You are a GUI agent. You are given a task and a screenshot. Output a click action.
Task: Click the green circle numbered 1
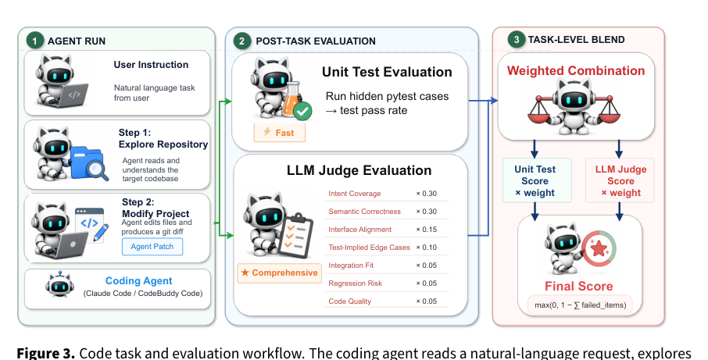[x=34, y=41]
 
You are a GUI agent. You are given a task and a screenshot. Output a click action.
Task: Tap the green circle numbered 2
[x=241, y=41]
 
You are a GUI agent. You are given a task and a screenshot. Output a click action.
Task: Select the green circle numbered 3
[x=516, y=39]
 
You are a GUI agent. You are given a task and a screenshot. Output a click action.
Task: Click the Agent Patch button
[x=152, y=246]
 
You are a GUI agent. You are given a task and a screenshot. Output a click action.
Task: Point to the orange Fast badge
[x=280, y=133]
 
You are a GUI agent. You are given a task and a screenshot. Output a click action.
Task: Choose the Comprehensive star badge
[x=280, y=273]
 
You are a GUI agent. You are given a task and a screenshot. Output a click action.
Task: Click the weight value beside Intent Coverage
[x=426, y=194]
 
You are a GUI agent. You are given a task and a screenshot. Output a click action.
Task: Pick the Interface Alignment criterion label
[x=360, y=229]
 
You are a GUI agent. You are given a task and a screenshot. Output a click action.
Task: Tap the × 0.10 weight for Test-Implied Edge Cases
[x=426, y=248]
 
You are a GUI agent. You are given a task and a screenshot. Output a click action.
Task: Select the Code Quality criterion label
[x=349, y=301]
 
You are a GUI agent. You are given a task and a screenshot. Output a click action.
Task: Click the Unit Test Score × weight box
[x=537, y=180]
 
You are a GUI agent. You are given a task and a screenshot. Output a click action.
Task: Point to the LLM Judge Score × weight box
[x=620, y=180]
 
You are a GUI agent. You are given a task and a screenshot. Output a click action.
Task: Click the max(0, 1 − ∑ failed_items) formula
[x=580, y=305]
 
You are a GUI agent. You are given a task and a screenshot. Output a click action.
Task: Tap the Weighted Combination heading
[x=576, y=71]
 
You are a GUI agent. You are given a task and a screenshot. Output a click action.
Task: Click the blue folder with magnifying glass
[x=89, y=163]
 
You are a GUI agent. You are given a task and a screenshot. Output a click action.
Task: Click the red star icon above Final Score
[x=599, y=248]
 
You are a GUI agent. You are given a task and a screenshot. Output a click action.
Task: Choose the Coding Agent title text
[x=138, y=280]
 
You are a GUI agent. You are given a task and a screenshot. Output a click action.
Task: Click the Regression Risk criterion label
[x=355, y=283]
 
